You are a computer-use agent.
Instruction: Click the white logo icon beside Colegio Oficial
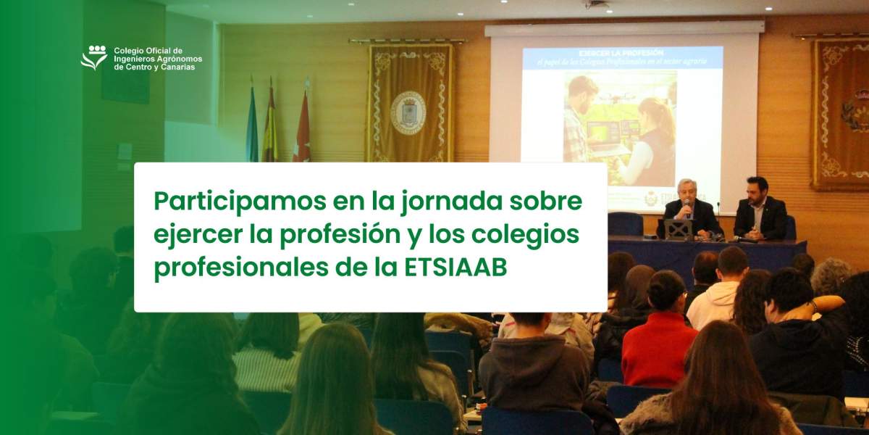pyautogui.click(x=93, y=57)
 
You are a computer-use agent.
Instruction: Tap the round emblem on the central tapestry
pyautogui.click(x=408, y=112)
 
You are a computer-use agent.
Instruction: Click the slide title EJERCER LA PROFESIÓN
pyautogui.click(x=622, y=54)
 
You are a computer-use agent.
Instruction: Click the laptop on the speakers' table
pyautogui.click(x=678, y=229)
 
